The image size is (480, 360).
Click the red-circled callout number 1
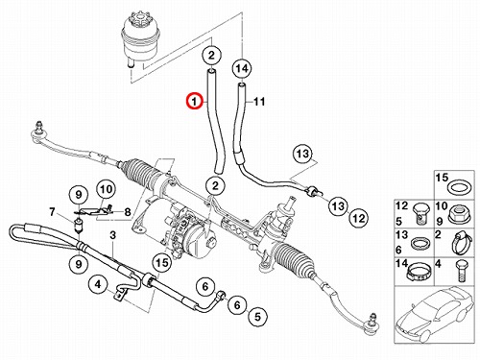click(x=195, y=101)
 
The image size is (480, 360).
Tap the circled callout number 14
click(x=242, y=68)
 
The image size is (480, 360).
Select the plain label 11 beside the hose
click(x=259, y=102)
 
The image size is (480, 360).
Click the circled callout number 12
click(x=358, y=218)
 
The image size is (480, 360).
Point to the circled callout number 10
click(x=106, y=189)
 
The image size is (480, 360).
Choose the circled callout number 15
click(x=162, y=263)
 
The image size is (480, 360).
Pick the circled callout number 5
click(x=257, y=317)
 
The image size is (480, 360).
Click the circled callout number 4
click(x=98, y=284)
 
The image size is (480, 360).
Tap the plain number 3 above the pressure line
click(x=112, y=235)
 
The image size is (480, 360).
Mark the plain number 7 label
click(x=52, y=211)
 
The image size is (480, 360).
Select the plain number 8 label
click(x=128, y=211)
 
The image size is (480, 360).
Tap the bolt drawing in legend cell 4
click(x=461, y=272)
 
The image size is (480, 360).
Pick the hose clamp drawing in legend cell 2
click(x=461, y=243)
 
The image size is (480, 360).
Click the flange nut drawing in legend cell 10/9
click(x=458, y=214)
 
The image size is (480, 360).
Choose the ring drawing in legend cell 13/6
click(x=420, y=243)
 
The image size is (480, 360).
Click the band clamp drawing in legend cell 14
click(x=419, y=272)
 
